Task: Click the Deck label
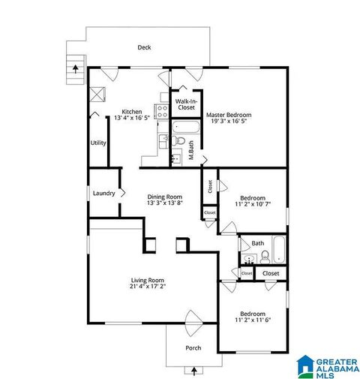(144, 47)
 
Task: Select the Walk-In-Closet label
(185, 104)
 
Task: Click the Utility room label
(98, 143)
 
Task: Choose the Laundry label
(103, 193)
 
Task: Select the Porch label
(193, 347)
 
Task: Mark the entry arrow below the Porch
(194, 369)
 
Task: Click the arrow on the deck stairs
(75, 67)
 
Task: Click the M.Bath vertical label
(191, 153)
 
